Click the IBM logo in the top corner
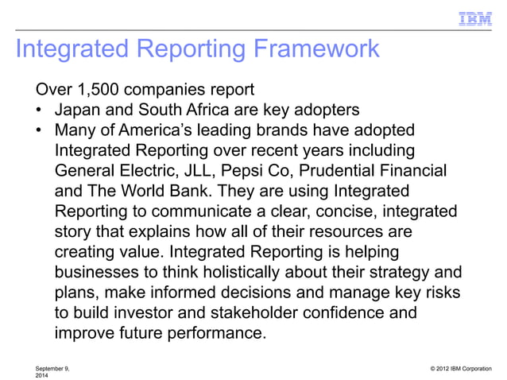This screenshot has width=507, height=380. click(x=474, y=17)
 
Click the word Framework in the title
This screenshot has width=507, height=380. click(x=314, y=49)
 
